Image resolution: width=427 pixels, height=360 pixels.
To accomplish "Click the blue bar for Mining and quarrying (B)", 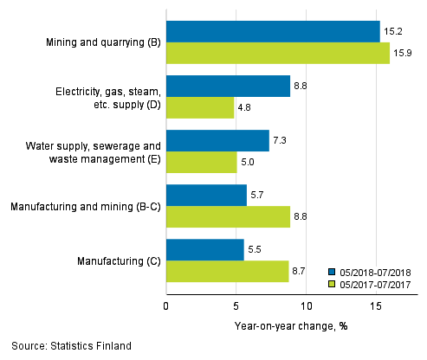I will [273, 32].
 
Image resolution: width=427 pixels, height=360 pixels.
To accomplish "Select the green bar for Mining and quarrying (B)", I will [277, 54].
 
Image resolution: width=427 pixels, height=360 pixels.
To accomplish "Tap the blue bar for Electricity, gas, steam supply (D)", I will [228, 87].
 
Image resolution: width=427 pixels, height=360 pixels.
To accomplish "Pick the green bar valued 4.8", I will [200, 108].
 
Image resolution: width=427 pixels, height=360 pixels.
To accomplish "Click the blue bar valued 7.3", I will [217, 141].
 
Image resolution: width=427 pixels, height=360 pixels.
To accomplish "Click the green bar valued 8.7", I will [227, 272].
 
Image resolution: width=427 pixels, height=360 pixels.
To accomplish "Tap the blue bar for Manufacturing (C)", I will [205, 250].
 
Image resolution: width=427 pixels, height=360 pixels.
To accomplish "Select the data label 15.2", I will [392, 32].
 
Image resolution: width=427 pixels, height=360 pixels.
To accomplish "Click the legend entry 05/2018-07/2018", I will [375, 270].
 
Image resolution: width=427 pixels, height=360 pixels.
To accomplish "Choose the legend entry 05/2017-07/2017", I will [375, 283].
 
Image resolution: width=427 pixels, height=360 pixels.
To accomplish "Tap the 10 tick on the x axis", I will [306, 305].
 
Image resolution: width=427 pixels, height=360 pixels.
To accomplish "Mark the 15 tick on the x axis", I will [376, 305].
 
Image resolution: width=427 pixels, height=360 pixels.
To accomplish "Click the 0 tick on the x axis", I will [166, 305].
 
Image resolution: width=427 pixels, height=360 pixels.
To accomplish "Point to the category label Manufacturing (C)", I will [115, 260].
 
